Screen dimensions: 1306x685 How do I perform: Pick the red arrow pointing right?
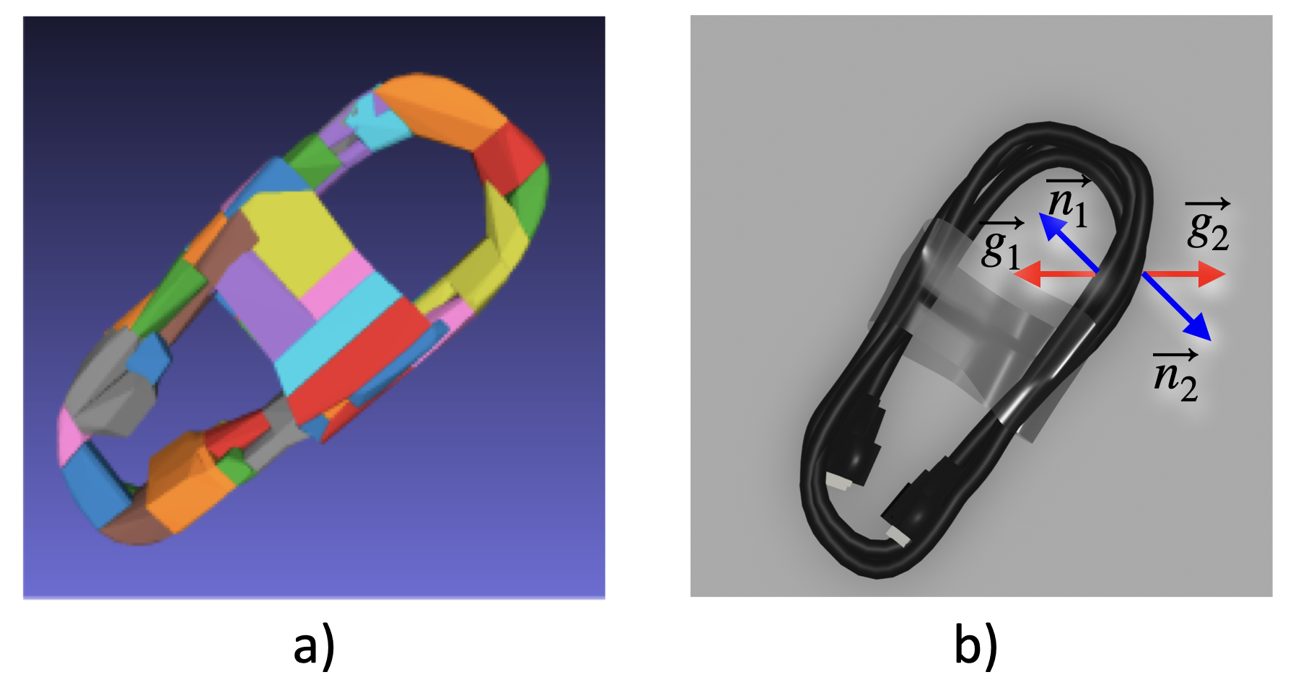[x=1184, y=274]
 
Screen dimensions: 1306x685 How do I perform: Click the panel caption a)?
[x=314, y=645]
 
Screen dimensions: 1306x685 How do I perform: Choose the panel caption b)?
[x=976, y=645]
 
